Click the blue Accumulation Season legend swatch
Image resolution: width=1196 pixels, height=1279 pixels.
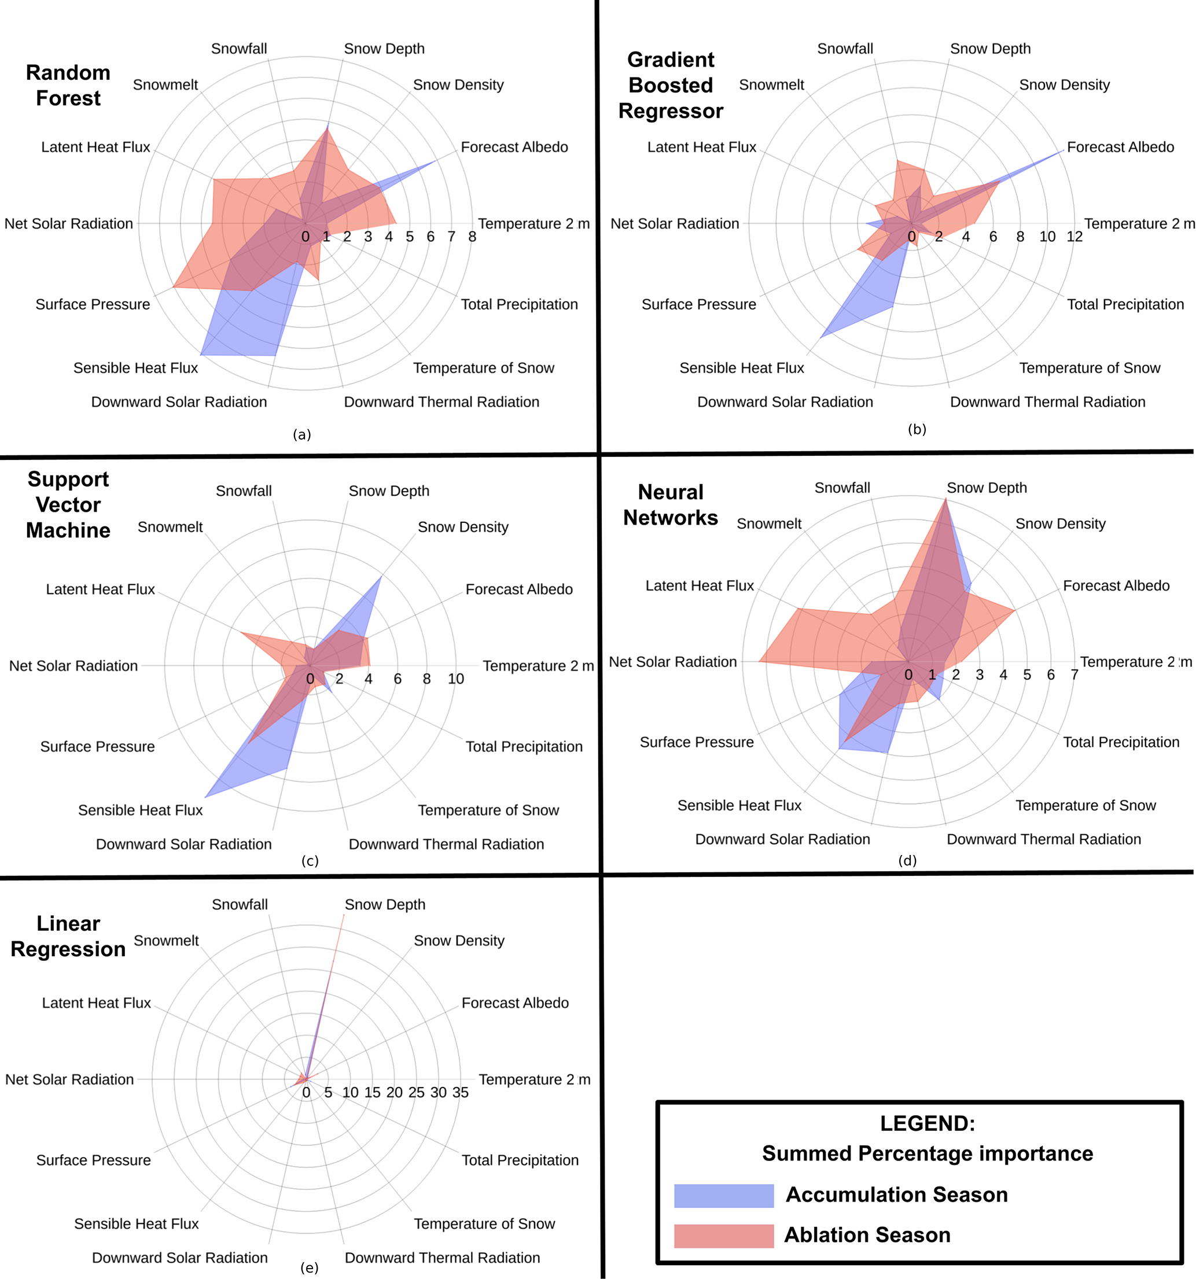tap(723, 1195)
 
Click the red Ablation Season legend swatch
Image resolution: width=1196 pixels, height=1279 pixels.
tap(723, 1235)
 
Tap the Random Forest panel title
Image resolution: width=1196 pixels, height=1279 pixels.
tap(68, 85)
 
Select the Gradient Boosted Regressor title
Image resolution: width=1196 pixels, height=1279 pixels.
tap(671, 85)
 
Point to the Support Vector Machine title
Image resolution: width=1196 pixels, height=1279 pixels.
tap(68, 504)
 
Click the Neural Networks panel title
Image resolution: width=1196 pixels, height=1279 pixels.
tap(671, 504)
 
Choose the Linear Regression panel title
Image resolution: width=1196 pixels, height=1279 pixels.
tap(68, 936)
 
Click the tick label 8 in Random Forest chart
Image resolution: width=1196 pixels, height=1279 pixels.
tap(472, 237)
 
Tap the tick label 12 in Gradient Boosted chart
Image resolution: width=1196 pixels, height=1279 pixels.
tap(1074, 237)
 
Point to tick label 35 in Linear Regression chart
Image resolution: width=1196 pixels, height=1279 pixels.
tap(460, 1092)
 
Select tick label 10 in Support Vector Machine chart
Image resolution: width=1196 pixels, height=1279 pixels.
tap(455, 679)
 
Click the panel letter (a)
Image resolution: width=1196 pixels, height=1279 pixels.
tap(301, 435)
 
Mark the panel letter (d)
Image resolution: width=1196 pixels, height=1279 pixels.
tap(907, 860)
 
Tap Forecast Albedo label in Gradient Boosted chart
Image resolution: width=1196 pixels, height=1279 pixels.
tap(1120, 148)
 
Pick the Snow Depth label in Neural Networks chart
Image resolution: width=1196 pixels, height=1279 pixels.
tap(987, 488)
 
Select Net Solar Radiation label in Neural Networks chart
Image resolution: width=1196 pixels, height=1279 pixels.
tap(672, 662)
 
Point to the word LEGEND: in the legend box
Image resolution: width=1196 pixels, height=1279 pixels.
tap(927, 1123)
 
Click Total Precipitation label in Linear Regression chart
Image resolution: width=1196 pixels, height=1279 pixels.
tap(520, 1160)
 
